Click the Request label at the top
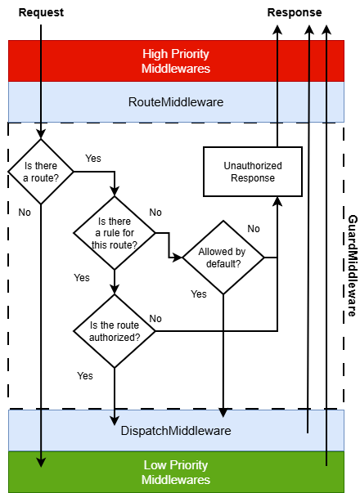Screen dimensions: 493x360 pyautogui.click(x=40, y=12)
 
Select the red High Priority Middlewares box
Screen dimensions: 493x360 pyautogui.click(x=176, y=61)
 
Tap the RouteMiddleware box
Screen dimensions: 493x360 pyautogui.click(x=176, y=102)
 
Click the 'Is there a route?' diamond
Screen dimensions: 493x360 pyautogui.click(x=40, y=171)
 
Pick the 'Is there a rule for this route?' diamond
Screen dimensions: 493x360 pyautogui.click(x=115, y=232)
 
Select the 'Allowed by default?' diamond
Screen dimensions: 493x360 pyautogui.click(x=223, y=257)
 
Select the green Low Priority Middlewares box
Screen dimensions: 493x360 pyautogui.click(x=176, y=473)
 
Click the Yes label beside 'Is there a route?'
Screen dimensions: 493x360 pyautogui.click(x=93, y=158)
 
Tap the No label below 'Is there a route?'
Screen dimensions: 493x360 pyautogui.click(x=25, y=212)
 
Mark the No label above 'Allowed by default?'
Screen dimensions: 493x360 pyautogui.click(x=254, y=228)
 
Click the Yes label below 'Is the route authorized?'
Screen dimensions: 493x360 pyautogui.click(x=85, y=375)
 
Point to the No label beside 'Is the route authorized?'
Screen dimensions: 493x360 pyautogui.click(x=155, y=318)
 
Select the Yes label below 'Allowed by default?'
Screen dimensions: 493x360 pyautogui.click(x=199, y=294)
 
